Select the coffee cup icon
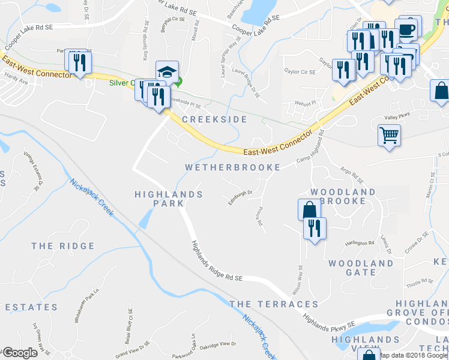(x=408, y=28)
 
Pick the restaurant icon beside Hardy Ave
(x=80, y=62)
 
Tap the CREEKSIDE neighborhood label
(x=214, y=119)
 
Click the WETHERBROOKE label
(x=233, y=167)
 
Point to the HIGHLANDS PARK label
(x=168, y=199)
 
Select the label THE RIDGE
(x=63, y=246)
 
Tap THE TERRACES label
(x=274, y=304)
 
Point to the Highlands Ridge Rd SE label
(x=216, y=262)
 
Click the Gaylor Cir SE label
(x=300, y=72)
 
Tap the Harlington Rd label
(x=360, y=243)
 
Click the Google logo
(x=20, y=353)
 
